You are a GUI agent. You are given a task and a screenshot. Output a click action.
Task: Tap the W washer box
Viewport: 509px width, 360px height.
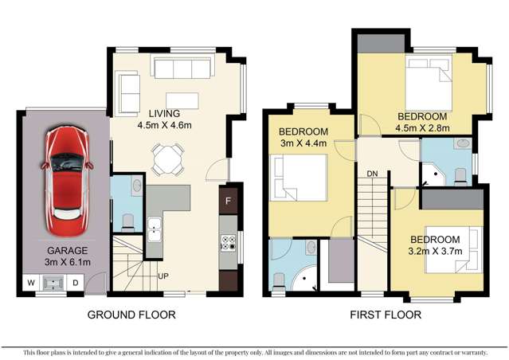pyautogui.click(x=31, y=282)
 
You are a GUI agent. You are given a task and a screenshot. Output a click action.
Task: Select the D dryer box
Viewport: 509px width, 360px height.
pyautogui.click(x=76, y=282)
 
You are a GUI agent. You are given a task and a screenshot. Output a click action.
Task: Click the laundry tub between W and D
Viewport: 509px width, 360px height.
pyautogui.click(x=53, y=282)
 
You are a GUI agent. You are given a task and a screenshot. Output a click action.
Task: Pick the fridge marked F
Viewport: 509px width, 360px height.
pyautogui.click(x=229, y=201)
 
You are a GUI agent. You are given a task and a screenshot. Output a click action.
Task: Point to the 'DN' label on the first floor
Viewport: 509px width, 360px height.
pyautogui.click(x=371, y=173)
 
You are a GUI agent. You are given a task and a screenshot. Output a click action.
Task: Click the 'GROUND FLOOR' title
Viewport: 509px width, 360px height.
pyautogui.click(x=131, y=315)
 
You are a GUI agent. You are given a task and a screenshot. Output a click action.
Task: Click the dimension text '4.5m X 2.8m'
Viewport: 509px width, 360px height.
pyautogui.click(x=423, y=127)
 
